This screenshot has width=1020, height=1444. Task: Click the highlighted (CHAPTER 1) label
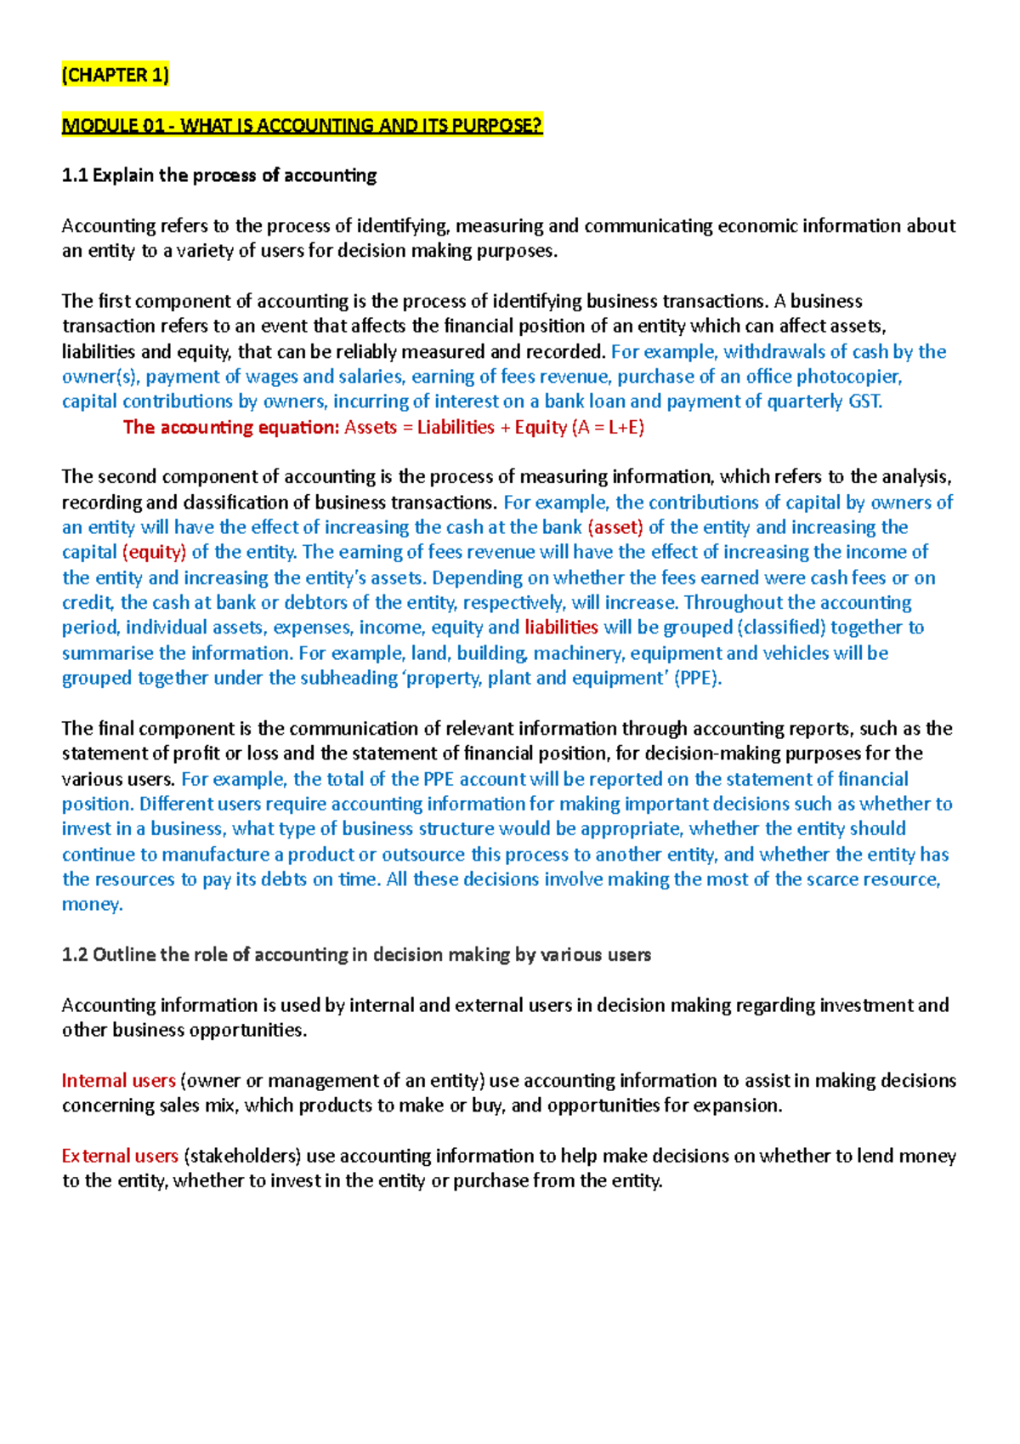[115, 75]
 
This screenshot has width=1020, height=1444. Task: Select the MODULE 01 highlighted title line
[302, 126]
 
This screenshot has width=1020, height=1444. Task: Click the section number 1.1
[75, 176]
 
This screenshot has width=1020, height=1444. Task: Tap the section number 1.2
[75, 955]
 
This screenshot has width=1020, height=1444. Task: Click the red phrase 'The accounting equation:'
[231, 427]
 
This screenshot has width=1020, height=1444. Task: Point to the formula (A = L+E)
[609, 427]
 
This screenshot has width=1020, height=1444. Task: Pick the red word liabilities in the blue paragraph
[561, 628]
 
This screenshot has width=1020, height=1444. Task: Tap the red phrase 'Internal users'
[118, 1081]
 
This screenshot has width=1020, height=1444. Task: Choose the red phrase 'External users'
[120, 1157]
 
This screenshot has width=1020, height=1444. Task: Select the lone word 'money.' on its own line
[92, 904]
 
